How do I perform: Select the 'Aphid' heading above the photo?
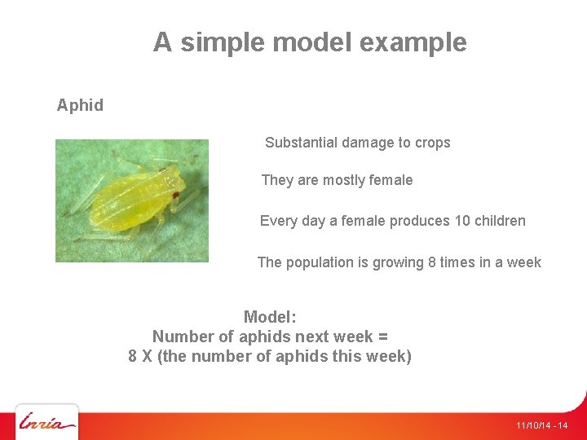click(x=80, y=105)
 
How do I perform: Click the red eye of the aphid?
click(x=174, y=195)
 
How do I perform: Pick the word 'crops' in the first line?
click(x=432, y=143)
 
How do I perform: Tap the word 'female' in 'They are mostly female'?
click(x=391, y=180)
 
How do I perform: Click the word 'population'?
click(x=322, y=262)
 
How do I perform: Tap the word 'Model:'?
click(x=270, y=317)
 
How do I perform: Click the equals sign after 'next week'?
click(x=383, y=337)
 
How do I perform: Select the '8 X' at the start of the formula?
click(x=139, y=356)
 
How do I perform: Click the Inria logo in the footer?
click(x=47, y=423)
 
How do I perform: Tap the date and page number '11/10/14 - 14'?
click(x=541, y=426)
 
